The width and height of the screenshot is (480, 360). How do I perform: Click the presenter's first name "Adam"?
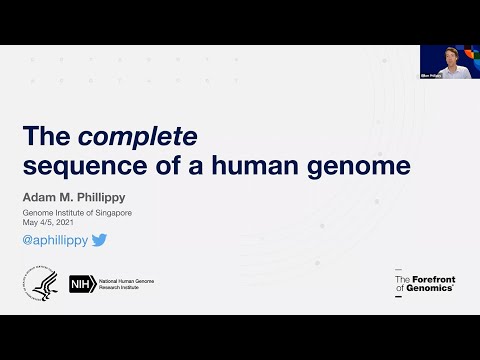pos(42,199)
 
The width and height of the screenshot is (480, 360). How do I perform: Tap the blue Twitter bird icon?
pos(99,240)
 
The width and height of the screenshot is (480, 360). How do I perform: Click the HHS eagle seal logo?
pos(43,284)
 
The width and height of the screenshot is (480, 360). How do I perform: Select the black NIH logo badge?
pos(81,285)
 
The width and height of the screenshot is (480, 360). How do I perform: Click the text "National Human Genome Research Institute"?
pos(125,285)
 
